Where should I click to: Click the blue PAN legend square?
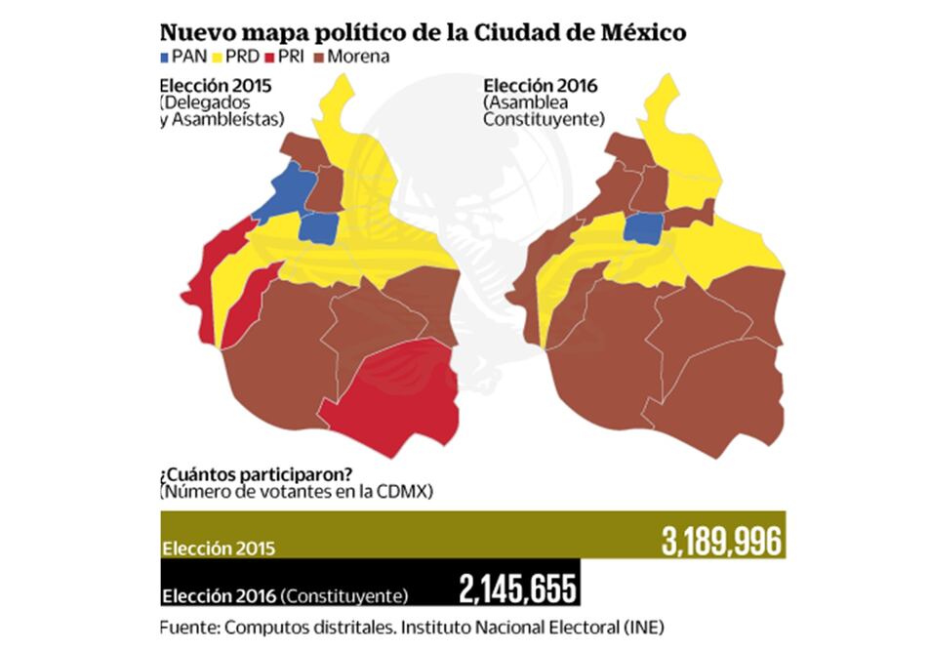pos(163,57)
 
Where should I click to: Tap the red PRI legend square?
pos(268,57)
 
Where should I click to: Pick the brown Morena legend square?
pos(317,57)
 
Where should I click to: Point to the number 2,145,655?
pos(518,589)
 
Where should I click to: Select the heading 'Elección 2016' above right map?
pos(542,85)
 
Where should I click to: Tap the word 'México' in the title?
pos(633,32)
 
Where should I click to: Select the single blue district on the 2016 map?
pos(644,229)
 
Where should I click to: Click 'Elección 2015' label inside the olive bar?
pos(220,548)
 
